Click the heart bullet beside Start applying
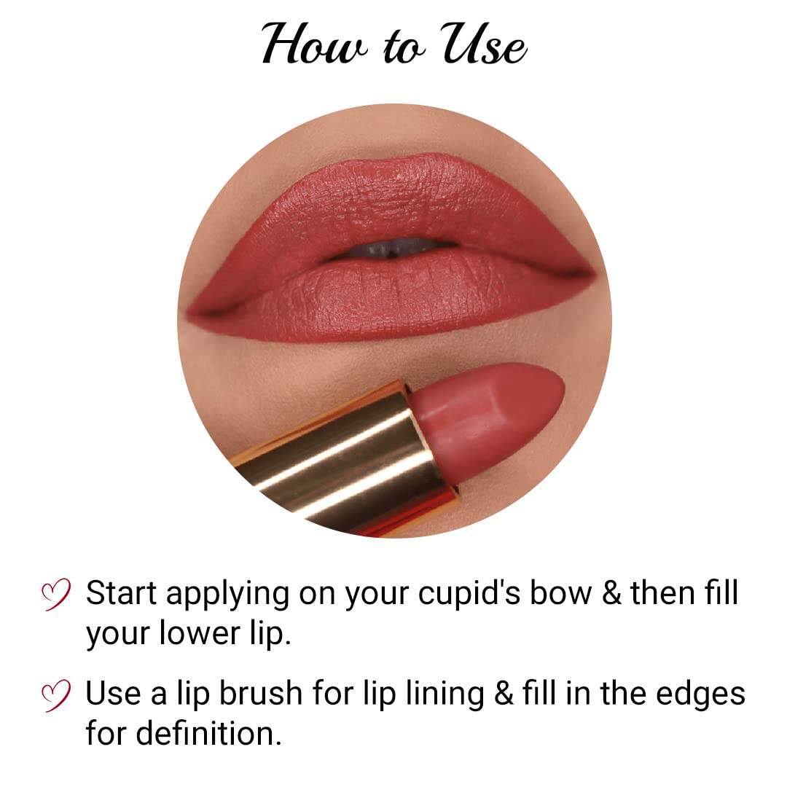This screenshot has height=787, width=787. point(56,594)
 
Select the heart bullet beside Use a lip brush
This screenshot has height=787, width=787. point(56,694)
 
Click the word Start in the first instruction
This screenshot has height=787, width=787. point(121,593)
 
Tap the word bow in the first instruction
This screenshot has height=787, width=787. point(562,593)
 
